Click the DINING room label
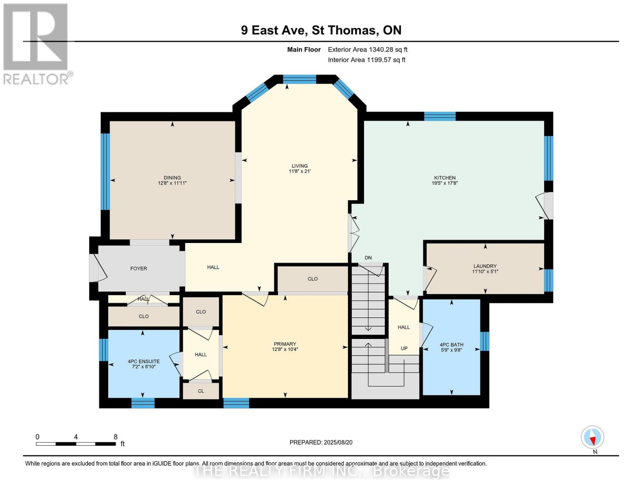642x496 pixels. pos(172,178)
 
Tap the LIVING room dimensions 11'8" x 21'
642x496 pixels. pos(300,171)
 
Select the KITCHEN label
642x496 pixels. pos(444,178)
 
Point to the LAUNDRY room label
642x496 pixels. pos(485,266)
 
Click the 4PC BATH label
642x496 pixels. pos(451,345)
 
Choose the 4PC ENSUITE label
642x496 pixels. pos(143,361)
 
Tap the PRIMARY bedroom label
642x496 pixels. pos(285,344)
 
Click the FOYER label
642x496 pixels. pos(138,269)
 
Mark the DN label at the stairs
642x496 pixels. pos(368,258)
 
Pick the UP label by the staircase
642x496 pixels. pos(404,348)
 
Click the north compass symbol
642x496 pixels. pos(592,437)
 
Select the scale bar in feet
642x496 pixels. pos(76,444)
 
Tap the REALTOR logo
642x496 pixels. pos(36,43)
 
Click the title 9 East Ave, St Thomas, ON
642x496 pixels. pos(321,30)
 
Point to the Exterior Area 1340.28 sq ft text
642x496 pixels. pos(368,50)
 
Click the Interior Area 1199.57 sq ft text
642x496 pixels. pos(366,60)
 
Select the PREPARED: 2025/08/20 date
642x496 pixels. pos(321,442)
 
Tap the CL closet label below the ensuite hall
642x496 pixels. pos(201,391)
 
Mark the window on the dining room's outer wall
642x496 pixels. pos(105,172)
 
